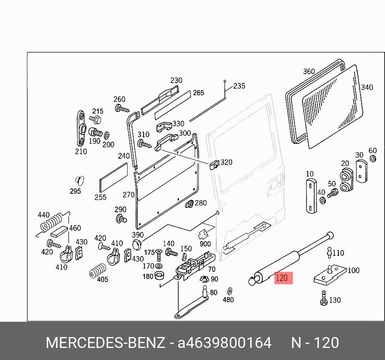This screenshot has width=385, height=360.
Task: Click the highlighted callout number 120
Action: [282, 278]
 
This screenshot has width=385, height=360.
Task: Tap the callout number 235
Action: [239, 86]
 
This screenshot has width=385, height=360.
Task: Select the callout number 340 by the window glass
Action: [366, 87]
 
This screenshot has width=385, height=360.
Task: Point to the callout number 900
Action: [205, 244]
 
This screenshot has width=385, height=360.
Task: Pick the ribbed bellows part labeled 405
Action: [98, 271]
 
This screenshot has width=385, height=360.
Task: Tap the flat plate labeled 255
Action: [113, 178]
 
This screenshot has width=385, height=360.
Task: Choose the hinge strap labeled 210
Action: [81, 128]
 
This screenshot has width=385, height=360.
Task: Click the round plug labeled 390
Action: [138, 244]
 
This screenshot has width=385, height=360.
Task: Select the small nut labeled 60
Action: [373, 159]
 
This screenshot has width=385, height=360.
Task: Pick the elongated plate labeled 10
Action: [310, 195]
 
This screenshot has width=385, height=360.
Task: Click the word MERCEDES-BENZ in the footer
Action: [105, 343]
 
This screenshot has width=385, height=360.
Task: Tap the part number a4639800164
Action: [224, 343]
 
